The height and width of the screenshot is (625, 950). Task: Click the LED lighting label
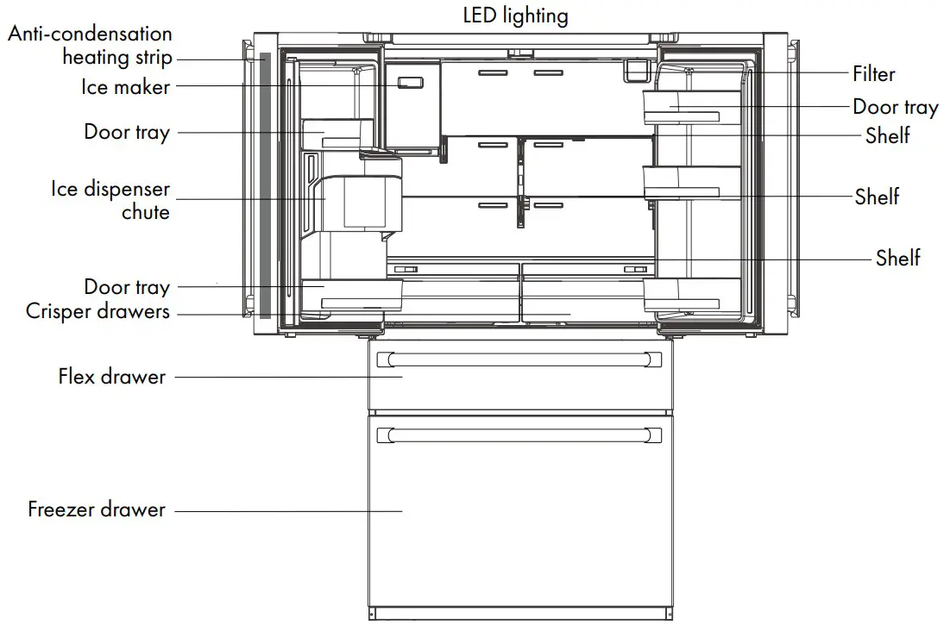pyautogui.click(x=516, y=16)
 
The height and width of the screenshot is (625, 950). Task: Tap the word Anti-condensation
pyautogui.click(x=91, y=34)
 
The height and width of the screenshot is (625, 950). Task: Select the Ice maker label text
pyautogui.click(x=126, y=86)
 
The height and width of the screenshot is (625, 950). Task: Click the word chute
pyautogui.click(x=145, y=211)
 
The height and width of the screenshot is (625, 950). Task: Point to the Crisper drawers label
pyautogui.click(x=98, y=311)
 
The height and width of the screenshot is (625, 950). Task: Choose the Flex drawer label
pyautogui.click(x=112, y=377)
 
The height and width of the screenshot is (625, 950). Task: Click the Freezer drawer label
pyautogui.click(x=97, y=509)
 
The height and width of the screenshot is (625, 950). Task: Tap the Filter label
pyautogui.click(x=873, y=74)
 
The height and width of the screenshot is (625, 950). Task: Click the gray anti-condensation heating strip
pyautogui.click(x=265, y=184)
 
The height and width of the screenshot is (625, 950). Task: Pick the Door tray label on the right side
pyautogui.click(x=895, y=107)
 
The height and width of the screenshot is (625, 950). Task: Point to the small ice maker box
pyautogui.click(x=409, y=84)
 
